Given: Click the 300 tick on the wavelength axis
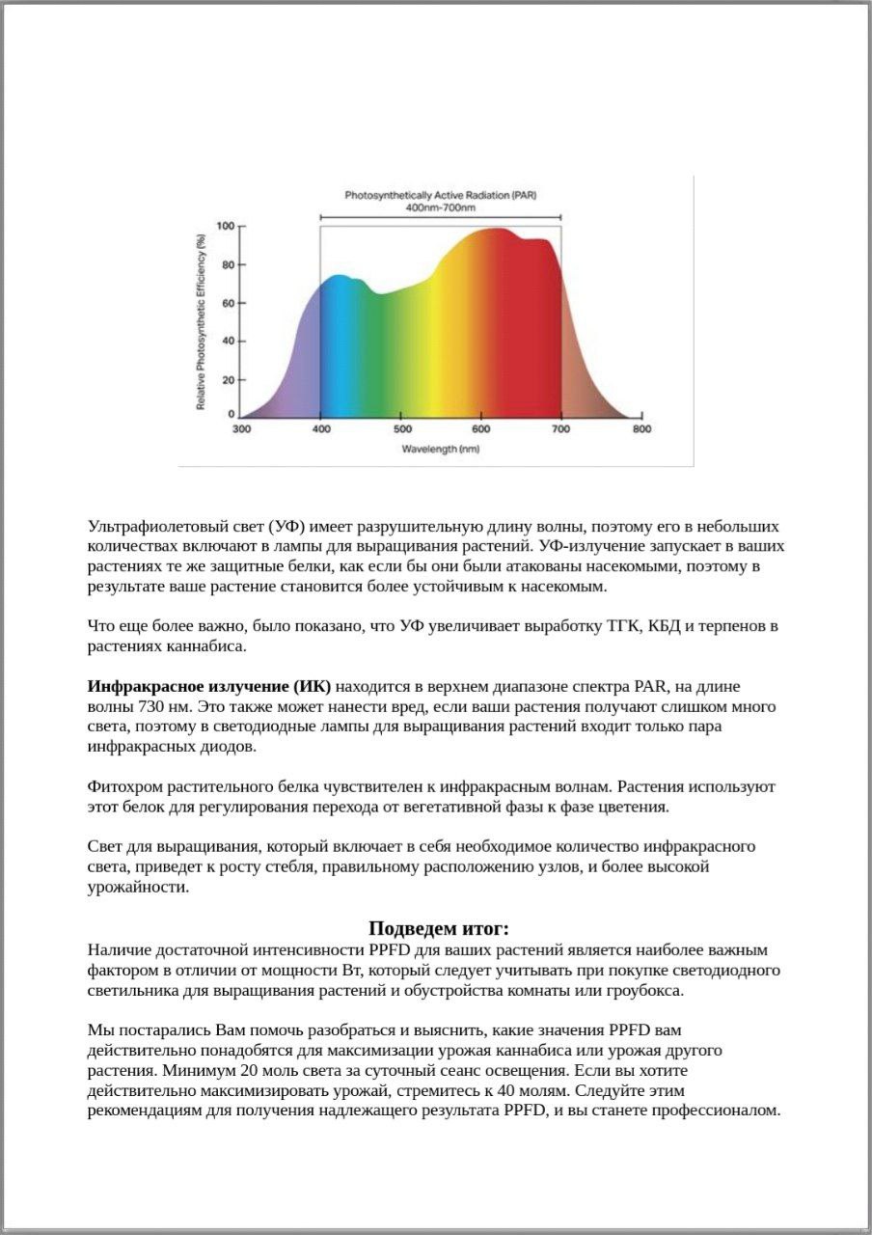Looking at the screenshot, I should tap(241, 429).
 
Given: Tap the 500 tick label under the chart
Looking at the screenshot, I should tap(402, 429).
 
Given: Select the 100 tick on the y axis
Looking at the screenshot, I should tap(225, 226).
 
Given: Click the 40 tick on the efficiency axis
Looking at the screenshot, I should tap(228, 342).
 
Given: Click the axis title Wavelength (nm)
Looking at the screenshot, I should tap(441, 450).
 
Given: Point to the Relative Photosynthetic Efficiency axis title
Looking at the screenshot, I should tap(201, 320).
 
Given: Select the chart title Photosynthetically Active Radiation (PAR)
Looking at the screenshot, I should tap(441, 195).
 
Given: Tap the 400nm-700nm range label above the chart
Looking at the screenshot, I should tap(441, 208).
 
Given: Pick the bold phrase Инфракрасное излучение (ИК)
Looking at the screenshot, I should tap(209, 687).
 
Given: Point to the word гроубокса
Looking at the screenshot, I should tap(648, 991).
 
